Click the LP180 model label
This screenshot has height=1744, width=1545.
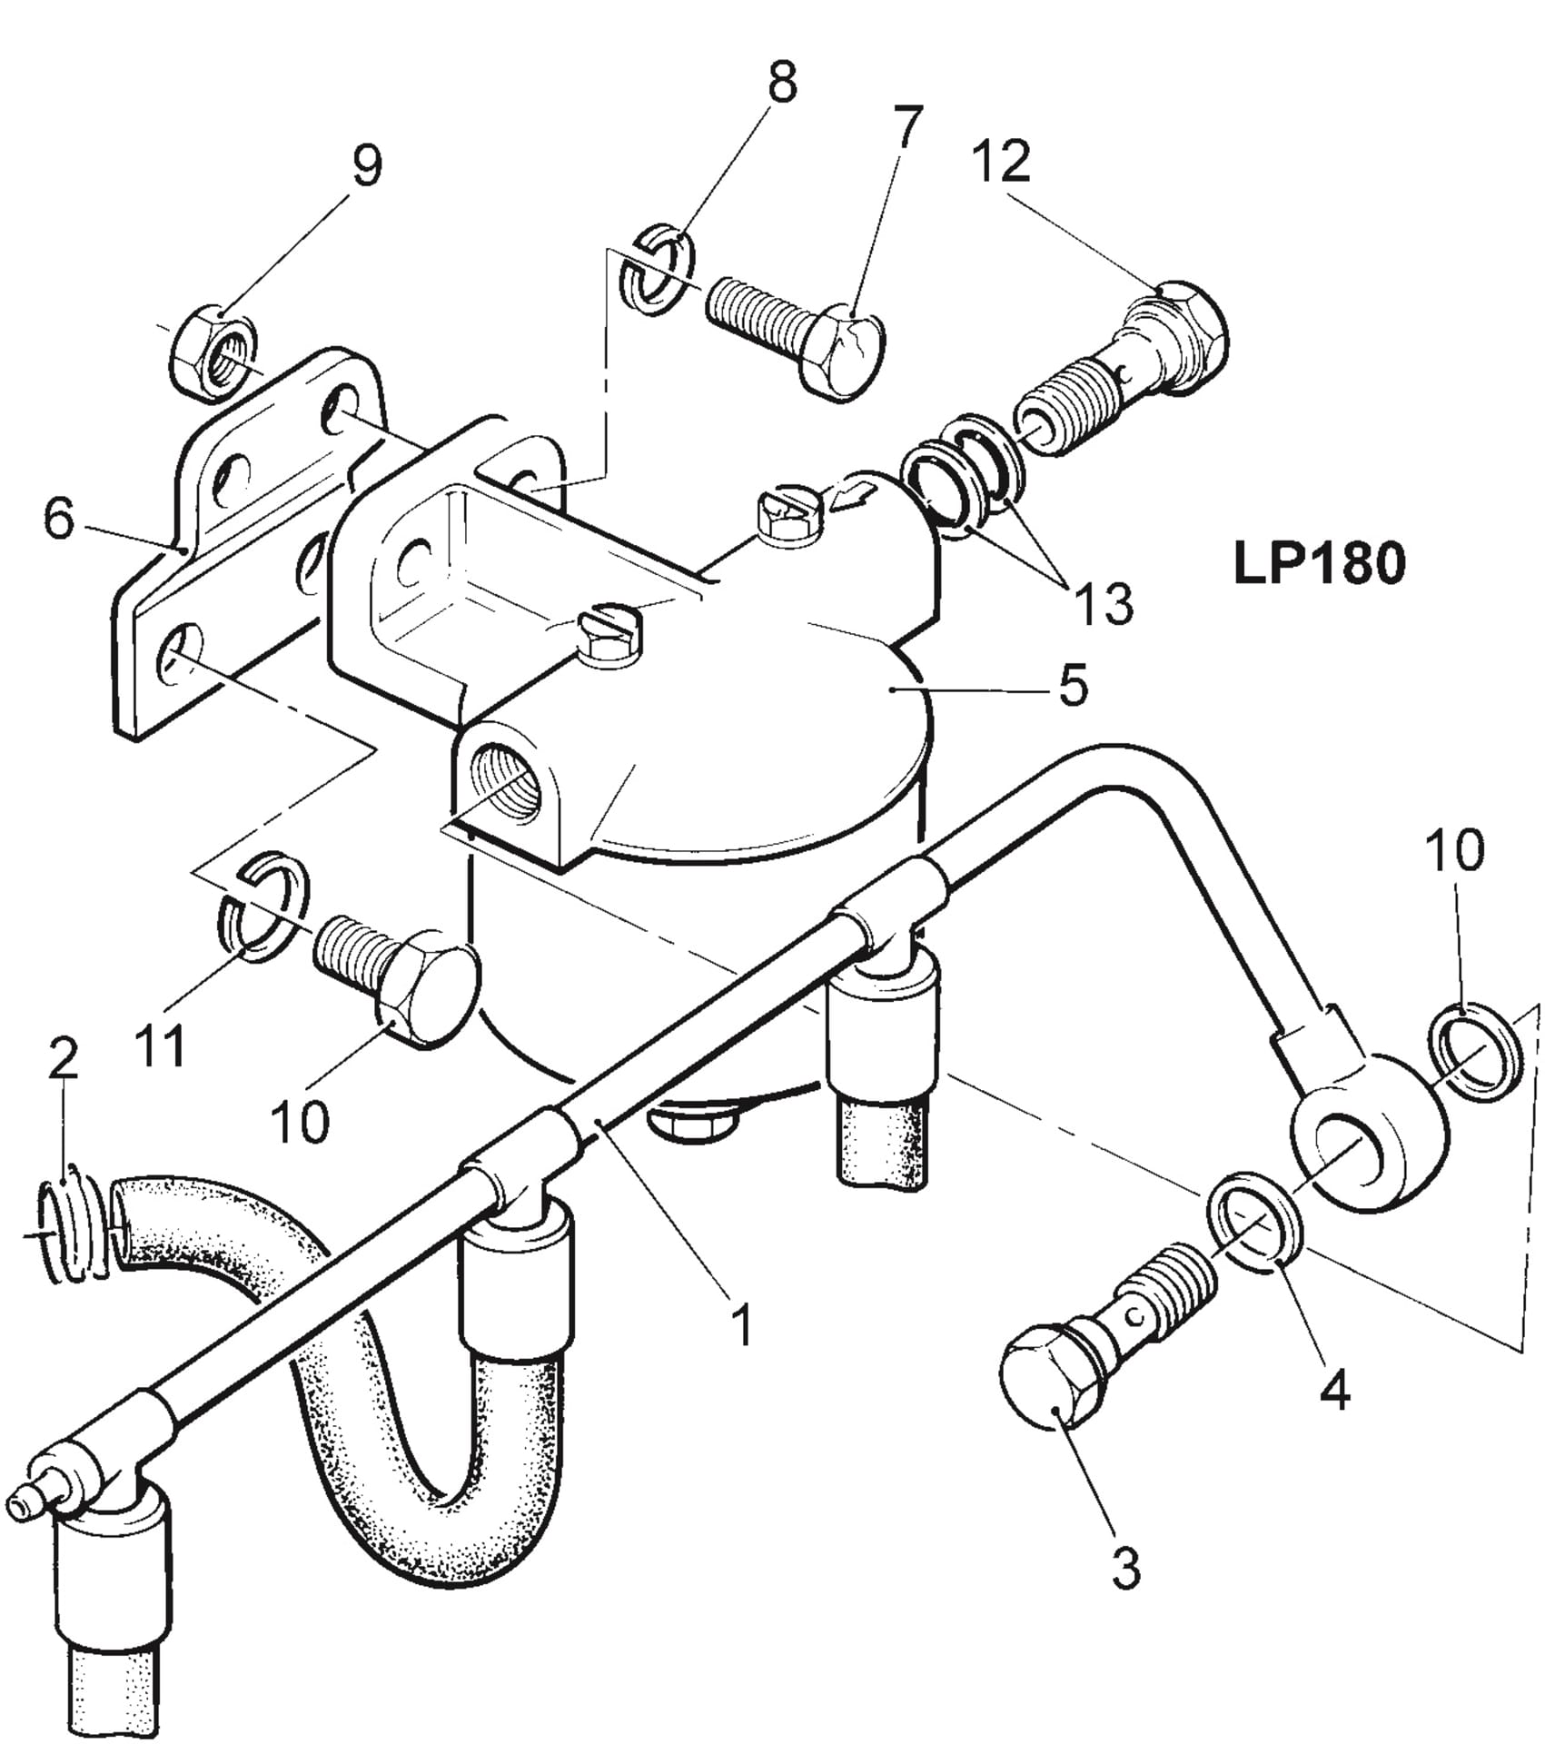(1319, 564)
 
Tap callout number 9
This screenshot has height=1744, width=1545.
(366, 166)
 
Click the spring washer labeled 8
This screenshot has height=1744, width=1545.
(658, 271)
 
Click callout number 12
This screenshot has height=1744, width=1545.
(1002, 162)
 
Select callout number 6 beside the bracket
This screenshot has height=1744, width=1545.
(59, 520)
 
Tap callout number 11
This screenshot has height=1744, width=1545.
(161, 1045)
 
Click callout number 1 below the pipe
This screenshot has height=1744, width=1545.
(743, 1325)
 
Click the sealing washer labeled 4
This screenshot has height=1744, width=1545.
(1257, 1223)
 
